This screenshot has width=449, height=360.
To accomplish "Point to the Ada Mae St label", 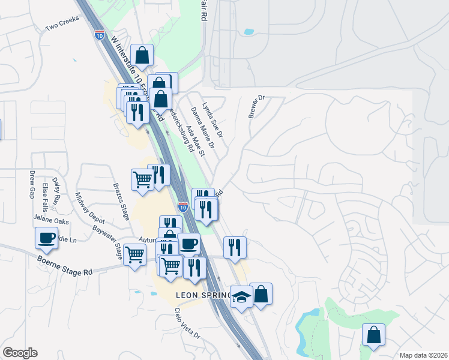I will pyautogui.click(x=196, y=140).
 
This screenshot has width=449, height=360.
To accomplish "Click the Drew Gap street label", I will pyautogui.click(x=32, y=185).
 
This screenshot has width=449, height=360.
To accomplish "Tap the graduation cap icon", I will pyautogui.click(x=241, y=297).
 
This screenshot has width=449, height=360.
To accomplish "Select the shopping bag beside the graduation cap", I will pyautogui.click(x=261, y=294).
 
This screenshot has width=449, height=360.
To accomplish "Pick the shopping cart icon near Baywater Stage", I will pyautogui.click(x=134, y=254).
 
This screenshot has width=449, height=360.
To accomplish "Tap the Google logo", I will pyautogui.click(x=20, y=353).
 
